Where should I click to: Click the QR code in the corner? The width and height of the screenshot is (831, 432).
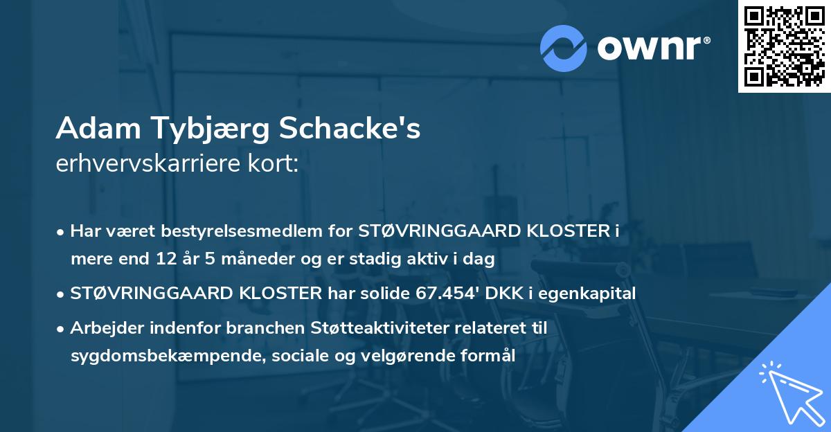784,46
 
